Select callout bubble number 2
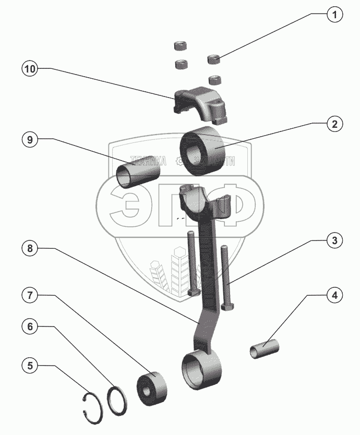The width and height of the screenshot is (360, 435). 334,124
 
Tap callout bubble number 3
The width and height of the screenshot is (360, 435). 334,240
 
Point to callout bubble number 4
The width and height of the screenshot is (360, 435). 334,296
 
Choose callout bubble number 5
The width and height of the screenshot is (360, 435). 30,366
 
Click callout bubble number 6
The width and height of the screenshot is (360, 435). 30,327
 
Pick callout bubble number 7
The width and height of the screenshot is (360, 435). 30,295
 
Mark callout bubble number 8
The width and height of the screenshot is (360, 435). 30,249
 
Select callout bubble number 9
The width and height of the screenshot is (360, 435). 30,140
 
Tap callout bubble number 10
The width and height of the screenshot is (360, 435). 30,70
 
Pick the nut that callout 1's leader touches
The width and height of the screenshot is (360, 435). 214,58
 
